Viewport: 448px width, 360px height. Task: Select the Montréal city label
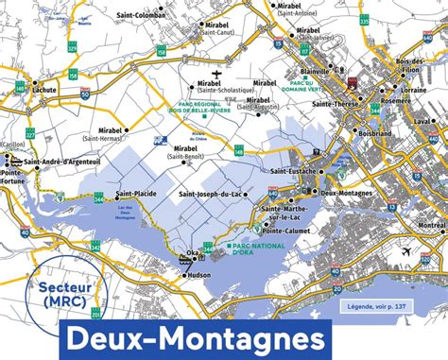(430, 225)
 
